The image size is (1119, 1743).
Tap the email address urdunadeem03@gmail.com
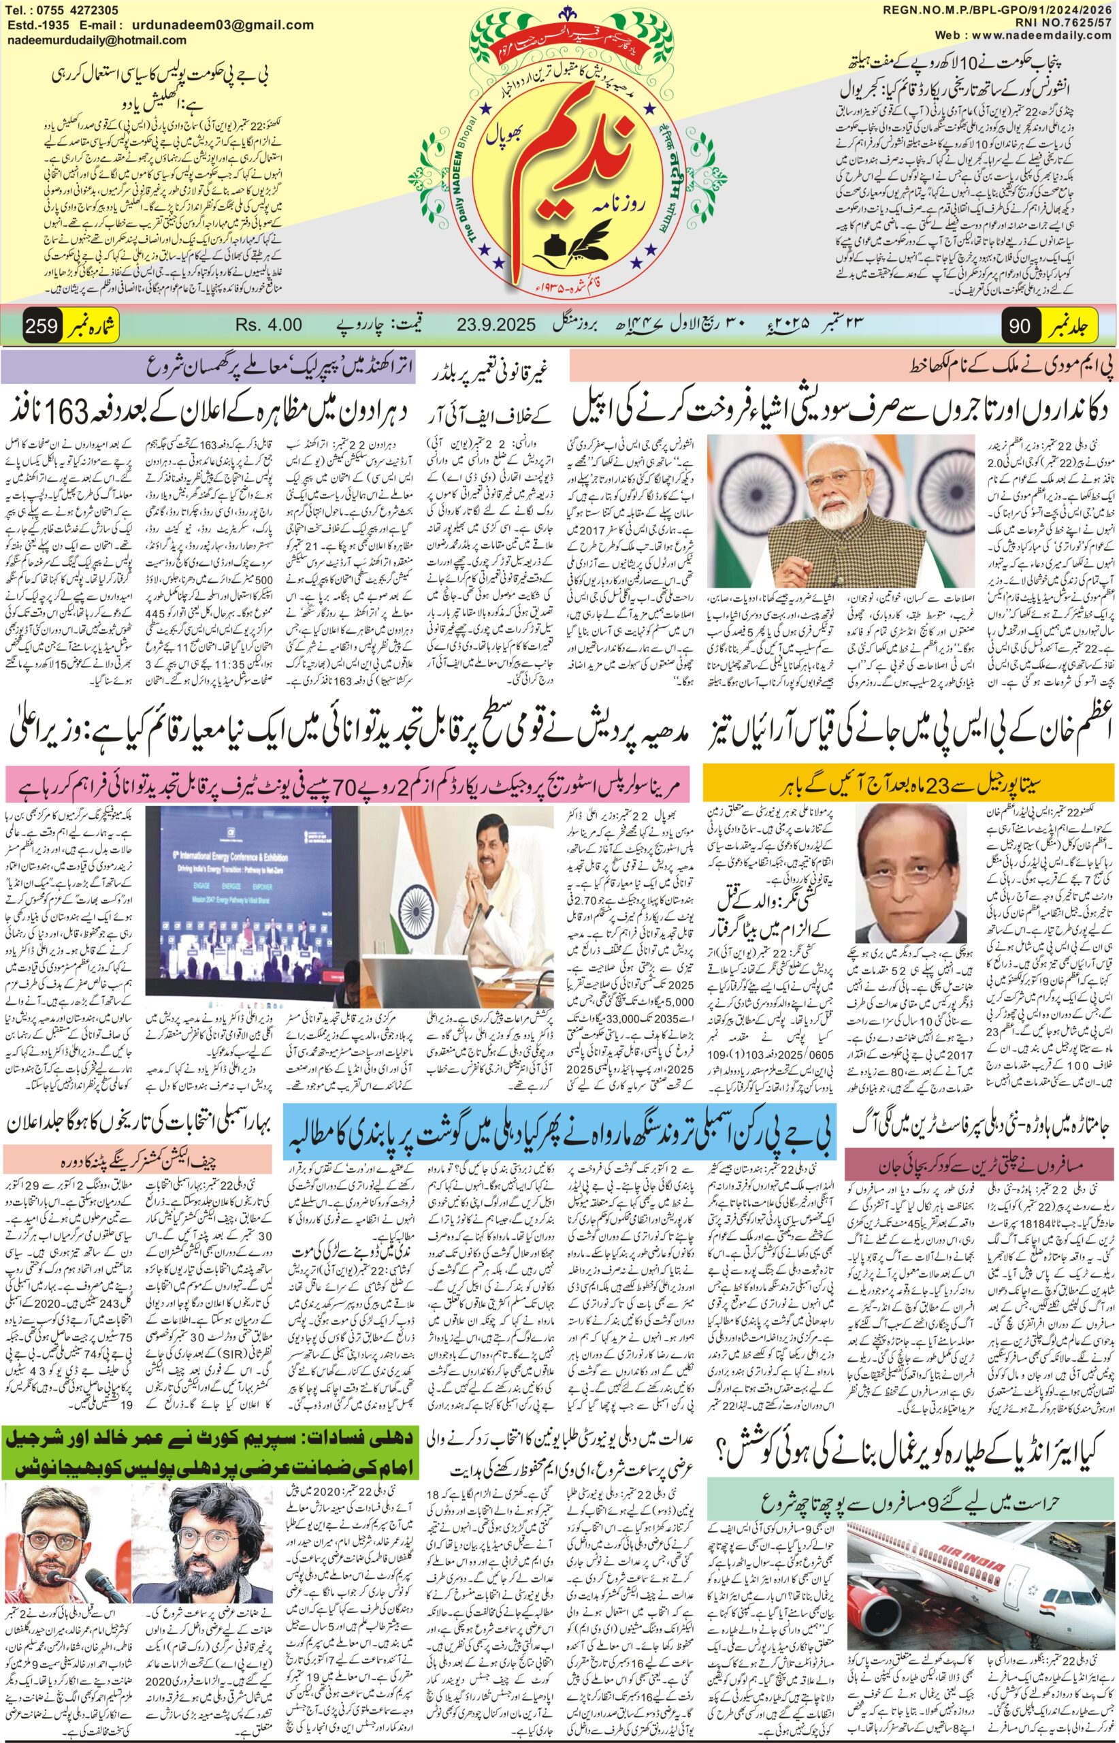pos(240,25)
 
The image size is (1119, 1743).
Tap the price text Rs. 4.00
pos(268,325)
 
